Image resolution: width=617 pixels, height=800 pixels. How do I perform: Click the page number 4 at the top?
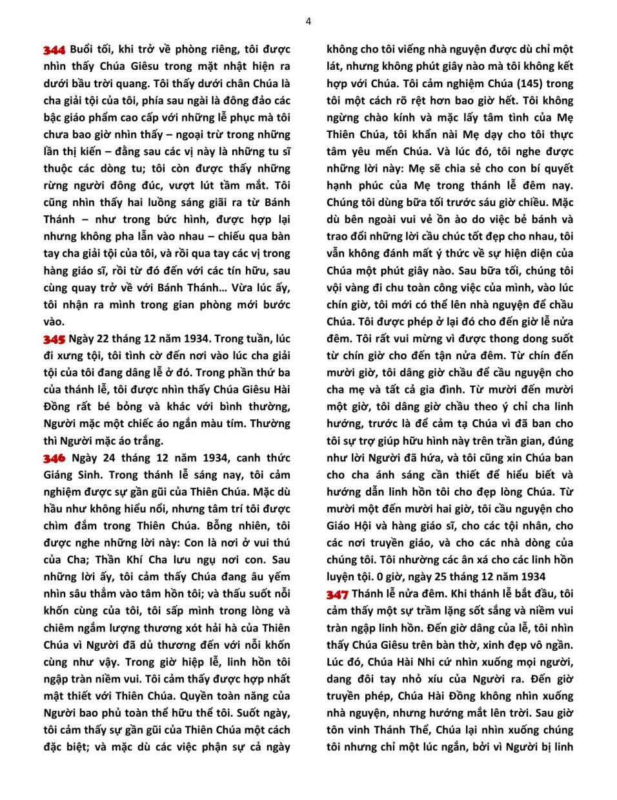coord(308,21)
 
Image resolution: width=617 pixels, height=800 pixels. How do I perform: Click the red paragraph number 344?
coord(54,50)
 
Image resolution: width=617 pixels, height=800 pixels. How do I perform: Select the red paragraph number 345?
coord(54,339)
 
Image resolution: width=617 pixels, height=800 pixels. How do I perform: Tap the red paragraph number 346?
coord(54,459)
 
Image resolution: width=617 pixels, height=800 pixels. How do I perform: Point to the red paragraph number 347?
coord(338,595)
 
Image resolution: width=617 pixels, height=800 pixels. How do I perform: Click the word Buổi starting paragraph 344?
coord(82,49)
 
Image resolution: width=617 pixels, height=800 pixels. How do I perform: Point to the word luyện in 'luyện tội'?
coord(343,577)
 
